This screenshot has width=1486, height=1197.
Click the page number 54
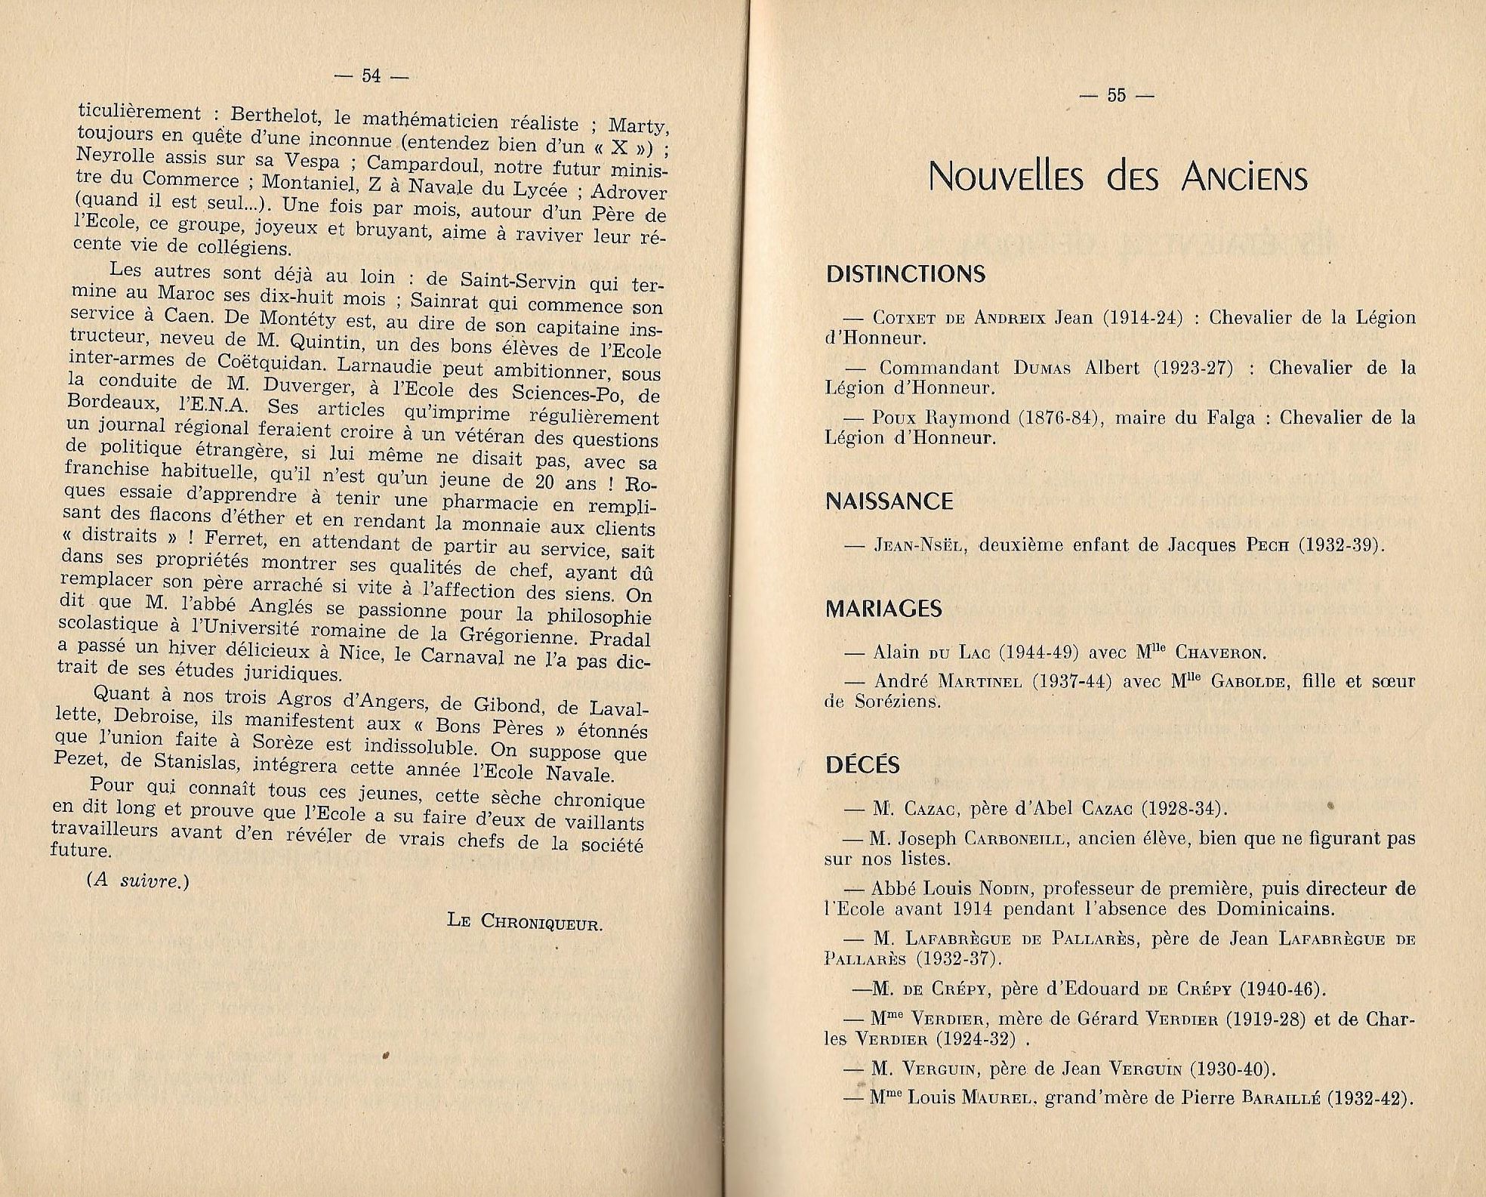click(371, 76)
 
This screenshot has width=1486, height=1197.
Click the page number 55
click(1115, 95)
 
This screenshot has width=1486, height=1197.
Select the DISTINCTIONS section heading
click(905, 274)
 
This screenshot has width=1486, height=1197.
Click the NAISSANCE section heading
click(889, 501)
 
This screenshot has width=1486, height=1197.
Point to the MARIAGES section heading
click(884, 609)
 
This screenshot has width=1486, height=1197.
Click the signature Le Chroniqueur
click(525, 921)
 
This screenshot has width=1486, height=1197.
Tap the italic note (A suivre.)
click(138, 881)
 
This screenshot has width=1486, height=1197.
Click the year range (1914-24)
click(1142, 318)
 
